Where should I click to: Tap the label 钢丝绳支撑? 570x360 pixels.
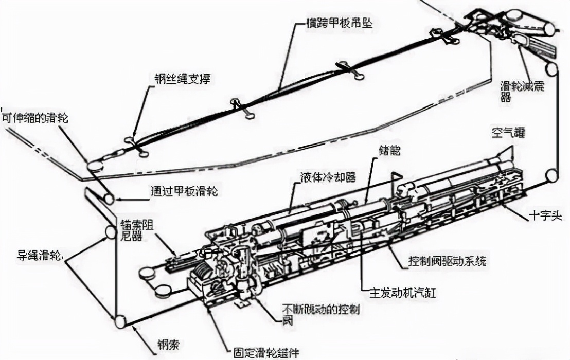182,78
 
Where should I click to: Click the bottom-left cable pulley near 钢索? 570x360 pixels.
120,322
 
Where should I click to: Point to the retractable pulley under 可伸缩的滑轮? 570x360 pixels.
95,166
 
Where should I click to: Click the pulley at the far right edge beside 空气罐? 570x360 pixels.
553,176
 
